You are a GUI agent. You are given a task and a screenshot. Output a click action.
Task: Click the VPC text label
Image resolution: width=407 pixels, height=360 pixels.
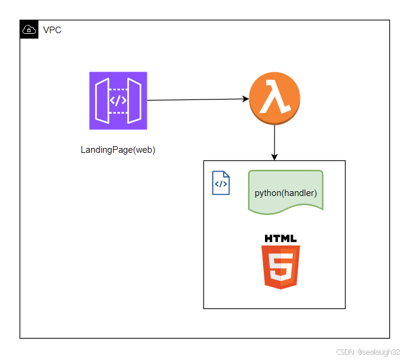pyautogui.click(x=52, y=30)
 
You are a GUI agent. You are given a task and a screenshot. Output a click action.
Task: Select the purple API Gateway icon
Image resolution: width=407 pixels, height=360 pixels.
pyautogui.click(x=118, y=101)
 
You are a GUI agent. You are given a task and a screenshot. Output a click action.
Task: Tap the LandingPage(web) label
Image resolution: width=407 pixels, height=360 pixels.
pyautogui.click(x=118, y=150)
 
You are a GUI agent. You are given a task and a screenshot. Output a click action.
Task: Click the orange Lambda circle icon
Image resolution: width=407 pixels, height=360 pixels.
pyautogui.click(x=274, y=99)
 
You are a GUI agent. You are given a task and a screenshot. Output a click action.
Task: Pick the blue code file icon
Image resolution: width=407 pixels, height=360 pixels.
pyautogui.click(x=221, y=183)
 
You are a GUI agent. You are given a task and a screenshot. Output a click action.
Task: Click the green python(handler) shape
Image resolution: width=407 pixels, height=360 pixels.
pyautogui.click(x=286, y=192)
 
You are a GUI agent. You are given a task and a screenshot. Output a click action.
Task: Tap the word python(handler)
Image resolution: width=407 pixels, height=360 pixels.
pyautogui.click(x=286, y=193)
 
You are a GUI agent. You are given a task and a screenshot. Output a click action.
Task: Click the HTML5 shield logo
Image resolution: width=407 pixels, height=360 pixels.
pyautogui.click(x=281, y=266)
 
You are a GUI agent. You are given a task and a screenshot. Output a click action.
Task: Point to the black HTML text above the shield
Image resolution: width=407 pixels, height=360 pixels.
pyautogui.click(x=281, y=239)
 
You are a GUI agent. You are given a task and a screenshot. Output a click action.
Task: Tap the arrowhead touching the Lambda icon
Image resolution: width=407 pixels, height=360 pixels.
pyautogui.click(x=245, y=99)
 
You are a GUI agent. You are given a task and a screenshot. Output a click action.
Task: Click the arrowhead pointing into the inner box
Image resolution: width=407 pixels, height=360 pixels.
pyautogui.click(x=274, y=156)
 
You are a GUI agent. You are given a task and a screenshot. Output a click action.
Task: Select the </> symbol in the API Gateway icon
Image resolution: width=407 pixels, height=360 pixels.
pyautogui.click(x=118, y=101)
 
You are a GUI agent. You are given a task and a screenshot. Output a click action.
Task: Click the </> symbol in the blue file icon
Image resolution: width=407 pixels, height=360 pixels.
pyautogui.click(x=221, y=184)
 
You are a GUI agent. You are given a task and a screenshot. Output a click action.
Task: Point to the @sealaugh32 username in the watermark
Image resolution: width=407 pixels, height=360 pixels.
pyautogui.click(x=379, y=352)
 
